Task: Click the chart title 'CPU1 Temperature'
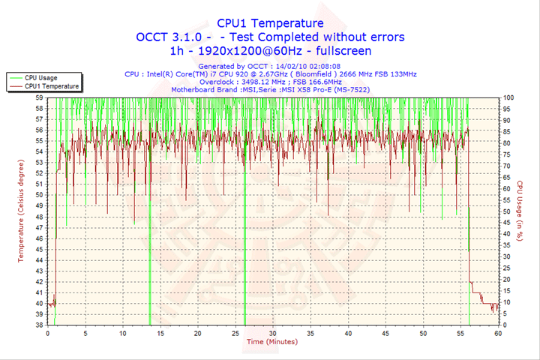(x=270, y=23)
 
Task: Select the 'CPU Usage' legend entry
(x=40, y=77)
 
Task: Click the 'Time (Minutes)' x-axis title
(x=271, y=341)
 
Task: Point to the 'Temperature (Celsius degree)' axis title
(x=21, y=210)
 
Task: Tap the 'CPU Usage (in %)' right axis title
(x=518, y=210)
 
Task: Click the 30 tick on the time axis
(x=272, y=332)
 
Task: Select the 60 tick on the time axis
(x=497, y=332)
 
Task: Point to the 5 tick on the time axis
(x=85, y=332)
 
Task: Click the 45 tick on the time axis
(x=385, y=332)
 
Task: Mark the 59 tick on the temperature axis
(x=39, y=97)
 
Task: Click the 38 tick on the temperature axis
(x=39, y=325)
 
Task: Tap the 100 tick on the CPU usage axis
(x=508, y=97)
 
